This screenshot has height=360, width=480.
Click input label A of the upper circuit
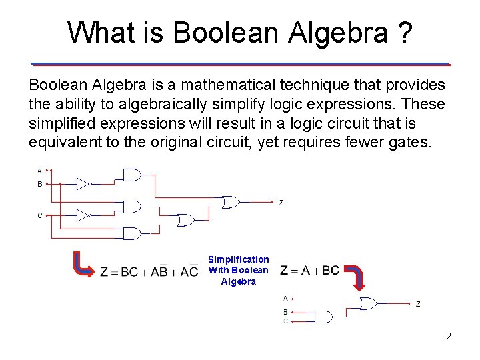40,171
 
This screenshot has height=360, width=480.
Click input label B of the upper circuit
40,183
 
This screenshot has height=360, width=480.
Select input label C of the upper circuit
40,215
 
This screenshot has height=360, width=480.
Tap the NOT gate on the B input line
83,183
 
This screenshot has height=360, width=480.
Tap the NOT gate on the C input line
83,215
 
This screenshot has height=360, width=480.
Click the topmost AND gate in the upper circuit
132,175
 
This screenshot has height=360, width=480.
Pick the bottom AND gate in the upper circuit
132,233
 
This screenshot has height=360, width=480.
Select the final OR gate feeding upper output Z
231,201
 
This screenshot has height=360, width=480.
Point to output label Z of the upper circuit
281,202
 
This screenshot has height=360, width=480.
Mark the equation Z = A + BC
310,270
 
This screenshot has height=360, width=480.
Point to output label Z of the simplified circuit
418,304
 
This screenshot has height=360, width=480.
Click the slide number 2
449,336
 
